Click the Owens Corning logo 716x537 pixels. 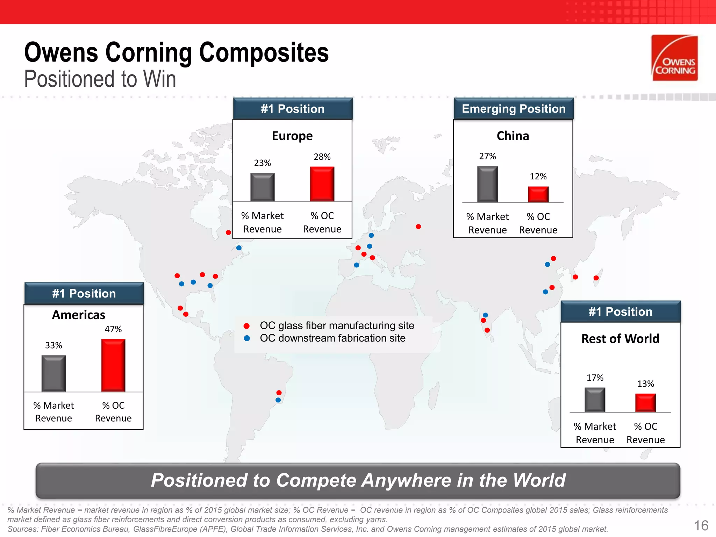pos(674,58)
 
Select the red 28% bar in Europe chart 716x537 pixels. pos(322,184)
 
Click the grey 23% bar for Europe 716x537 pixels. pos(262,187)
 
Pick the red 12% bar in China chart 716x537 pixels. pos(538,194)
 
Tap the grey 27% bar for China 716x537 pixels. pos(487,184)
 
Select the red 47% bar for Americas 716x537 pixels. pos(113,365)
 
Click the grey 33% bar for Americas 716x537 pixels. pos(53,373)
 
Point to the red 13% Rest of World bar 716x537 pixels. pos(645,403)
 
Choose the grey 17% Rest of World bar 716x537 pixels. pos(595,400)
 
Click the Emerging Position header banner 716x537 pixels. pos(514,109)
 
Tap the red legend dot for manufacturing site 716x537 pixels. pos(246,326)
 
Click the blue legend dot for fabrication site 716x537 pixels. pos(247,338)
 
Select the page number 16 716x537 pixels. pos(701,525)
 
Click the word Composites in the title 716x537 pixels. pos(264,52)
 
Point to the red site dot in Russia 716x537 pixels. pos(418,227)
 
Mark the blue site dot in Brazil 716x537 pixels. pos(278,400)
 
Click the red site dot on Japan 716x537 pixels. pos(596,278)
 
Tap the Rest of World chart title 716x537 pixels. pos(620,338)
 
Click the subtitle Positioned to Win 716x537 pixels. pos(100,79)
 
